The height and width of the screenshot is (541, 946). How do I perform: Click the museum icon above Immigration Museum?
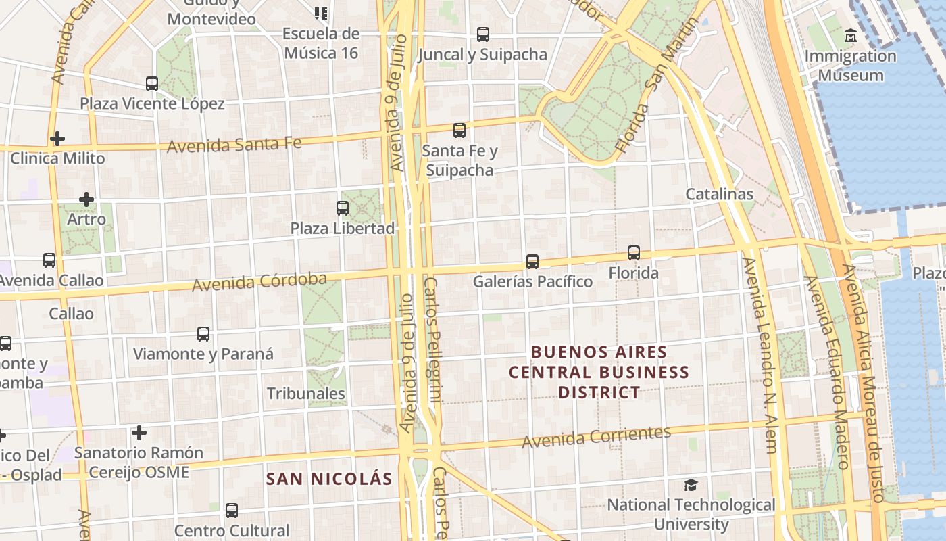pyautogui.click(x=851, y=35)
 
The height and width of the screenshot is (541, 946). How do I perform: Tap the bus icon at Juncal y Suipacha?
pyautogui.click(x=482, y=34)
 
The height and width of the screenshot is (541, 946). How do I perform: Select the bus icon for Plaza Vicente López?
pyautogui.click(x=152, y=84)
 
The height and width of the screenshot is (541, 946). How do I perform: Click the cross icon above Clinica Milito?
pyautogui.click(x=57, y=139)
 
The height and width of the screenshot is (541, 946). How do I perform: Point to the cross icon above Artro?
pyautogui.click(x=86, y=199)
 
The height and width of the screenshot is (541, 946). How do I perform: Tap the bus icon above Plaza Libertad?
pyautogui.click(x=343, y=208)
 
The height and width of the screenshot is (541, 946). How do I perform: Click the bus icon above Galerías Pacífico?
pyautogui.click(x=532, y=262)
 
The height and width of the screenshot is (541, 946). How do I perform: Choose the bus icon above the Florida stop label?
pyautogui.click(x=633, y=253)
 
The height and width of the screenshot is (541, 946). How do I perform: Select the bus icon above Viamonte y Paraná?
pyautogui.click(x=203, y=334)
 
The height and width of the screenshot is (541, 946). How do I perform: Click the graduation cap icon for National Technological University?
pyautogui.click(x=691, y=485)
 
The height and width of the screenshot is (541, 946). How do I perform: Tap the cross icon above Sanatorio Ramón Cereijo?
pyautogui.click(x=139, y=433)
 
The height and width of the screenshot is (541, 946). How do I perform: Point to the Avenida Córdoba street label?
pyautogui.click(x=259, y=282)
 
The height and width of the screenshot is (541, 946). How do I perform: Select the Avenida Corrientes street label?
pyautogui.click(x=596, y=436)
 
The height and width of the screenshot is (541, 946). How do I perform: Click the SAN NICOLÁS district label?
pyautogui.click(x=329, y=479)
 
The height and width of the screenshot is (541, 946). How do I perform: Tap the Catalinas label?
pyautogui.click(x=719, y=194)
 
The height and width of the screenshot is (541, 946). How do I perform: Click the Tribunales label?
pyautogui.click(x=306, y=393)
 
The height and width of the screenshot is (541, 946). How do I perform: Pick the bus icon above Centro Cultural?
pyautogui.click(x=232, y=510)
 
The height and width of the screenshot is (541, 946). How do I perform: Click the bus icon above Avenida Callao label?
pyautogui.click(x=49, y=260)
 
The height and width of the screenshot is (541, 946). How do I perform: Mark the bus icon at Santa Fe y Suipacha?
pyautogui.click(x=459, y=131)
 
